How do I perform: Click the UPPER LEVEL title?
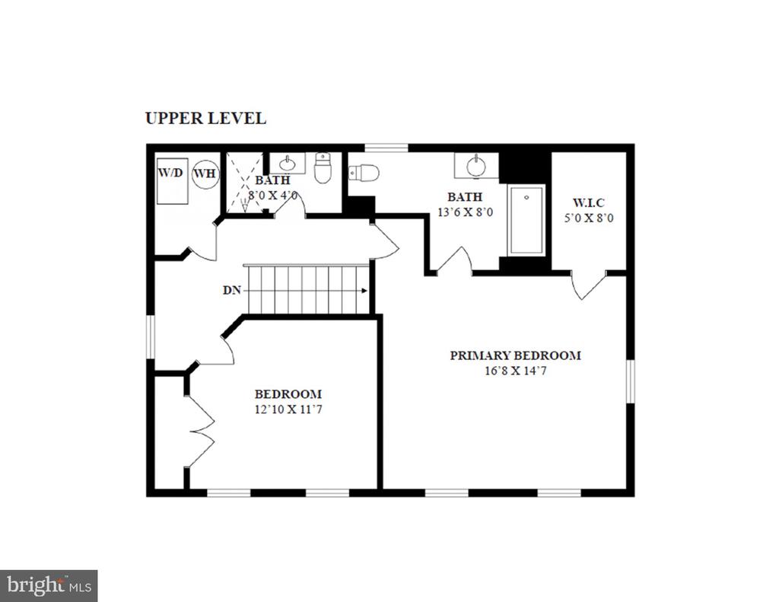click(205, 118)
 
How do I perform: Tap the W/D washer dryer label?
click(170, 173)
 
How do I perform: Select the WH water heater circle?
click(205, 174)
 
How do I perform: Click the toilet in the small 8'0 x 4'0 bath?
click(323, 168)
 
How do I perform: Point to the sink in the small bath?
click(287, 163)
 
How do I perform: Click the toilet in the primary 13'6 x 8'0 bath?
click(364, 173)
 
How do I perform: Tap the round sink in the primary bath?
click(476, 166)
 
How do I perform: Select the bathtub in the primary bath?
click(526, 220)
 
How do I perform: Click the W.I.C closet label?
click(589, 202)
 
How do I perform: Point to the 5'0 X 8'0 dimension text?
click(589, 218)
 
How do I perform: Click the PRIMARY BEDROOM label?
click(515, 355)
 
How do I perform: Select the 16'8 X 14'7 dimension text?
click(515, 371)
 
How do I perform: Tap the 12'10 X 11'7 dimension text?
click(288, 409)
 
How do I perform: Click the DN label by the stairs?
click(231, 290)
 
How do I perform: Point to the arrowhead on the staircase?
click(364, 291)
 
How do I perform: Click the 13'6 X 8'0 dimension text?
click(465, 212)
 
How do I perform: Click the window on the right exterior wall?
click(630, 381)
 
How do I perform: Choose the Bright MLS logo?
click(49, 586)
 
